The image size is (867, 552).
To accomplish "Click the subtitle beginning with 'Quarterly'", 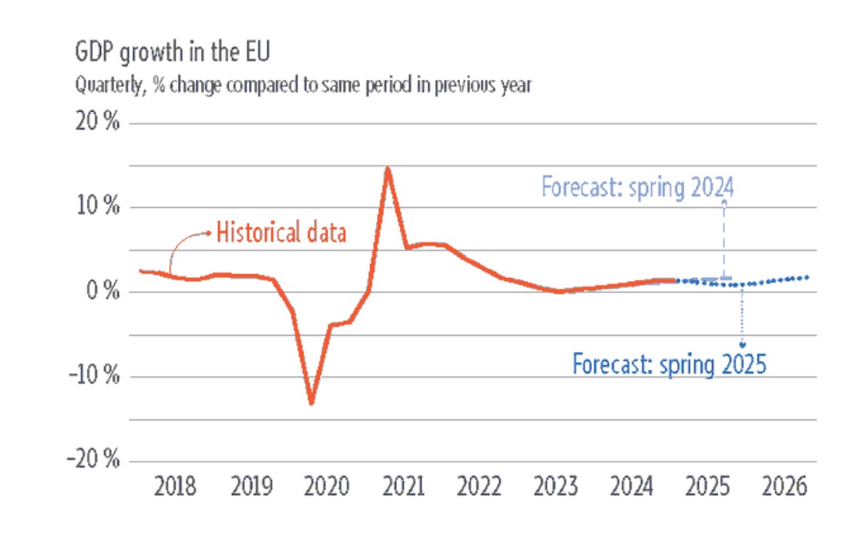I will click(x=303, y=85).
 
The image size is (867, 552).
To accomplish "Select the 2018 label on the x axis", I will click(x=175, y=488).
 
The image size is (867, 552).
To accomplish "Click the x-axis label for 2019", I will click(x=252, y=488).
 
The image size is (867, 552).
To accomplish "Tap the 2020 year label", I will click(x=328, y=488).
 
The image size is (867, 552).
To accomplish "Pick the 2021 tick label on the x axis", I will click(x=404, y=488).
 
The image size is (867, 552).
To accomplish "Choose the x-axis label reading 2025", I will click(x=708, y=488).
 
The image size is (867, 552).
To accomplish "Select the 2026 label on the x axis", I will click(x=785, y=488).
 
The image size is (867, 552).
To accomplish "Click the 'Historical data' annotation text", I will click(x=281, y=233).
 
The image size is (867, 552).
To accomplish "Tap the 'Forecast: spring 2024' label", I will click(x=637, y=187).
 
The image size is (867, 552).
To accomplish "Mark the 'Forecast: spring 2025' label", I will click(x=669, y=363).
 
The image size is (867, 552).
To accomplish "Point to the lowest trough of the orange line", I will click(x=311, y=403).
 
